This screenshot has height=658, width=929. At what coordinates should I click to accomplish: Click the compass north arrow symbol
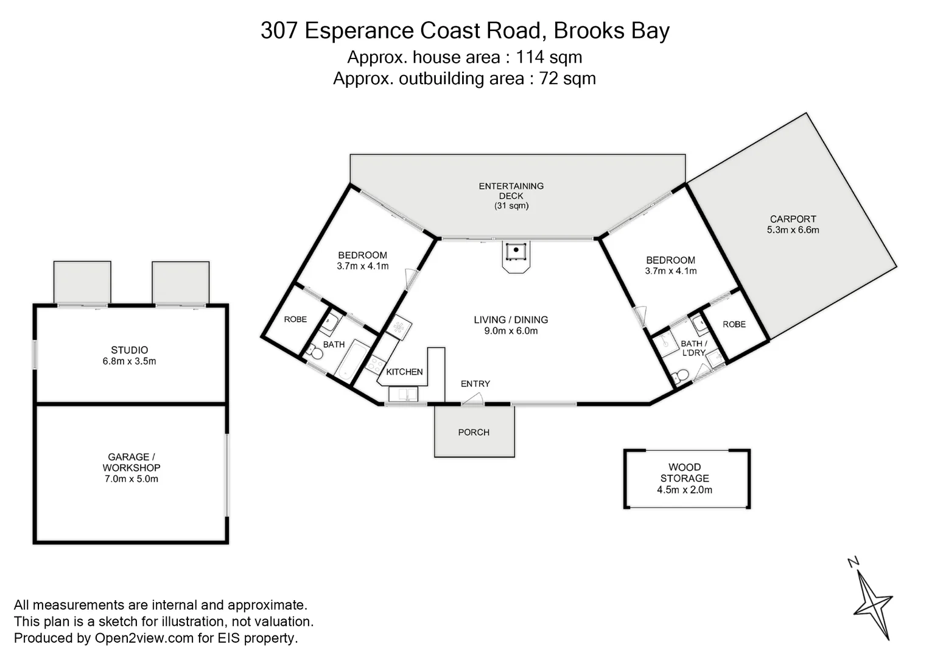point(872,600)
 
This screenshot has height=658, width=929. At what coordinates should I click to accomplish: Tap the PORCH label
point(474,433)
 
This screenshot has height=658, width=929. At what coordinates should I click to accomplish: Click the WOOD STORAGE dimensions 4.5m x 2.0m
point(684,490)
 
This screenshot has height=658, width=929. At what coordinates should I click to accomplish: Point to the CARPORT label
point(793,219)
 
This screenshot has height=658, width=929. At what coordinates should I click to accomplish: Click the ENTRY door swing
point(473,399)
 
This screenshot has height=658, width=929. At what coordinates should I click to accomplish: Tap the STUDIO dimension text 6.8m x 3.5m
point(129,361)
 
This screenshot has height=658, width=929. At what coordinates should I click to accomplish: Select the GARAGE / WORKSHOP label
point(131,462)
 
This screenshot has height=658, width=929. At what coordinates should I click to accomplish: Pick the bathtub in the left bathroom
point(351,361)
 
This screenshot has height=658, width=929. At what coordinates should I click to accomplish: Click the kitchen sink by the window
point(403,395)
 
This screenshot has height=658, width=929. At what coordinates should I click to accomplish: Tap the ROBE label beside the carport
point(734,324)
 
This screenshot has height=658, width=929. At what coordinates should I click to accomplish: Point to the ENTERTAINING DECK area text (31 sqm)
point(511,206)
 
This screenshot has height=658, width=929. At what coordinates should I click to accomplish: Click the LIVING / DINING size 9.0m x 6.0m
point(511,331)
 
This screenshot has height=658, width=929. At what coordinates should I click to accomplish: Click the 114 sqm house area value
point(549,57)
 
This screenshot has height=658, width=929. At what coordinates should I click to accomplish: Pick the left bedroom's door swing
point(412,278)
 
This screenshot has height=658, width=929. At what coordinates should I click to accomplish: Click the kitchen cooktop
point(375,364)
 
